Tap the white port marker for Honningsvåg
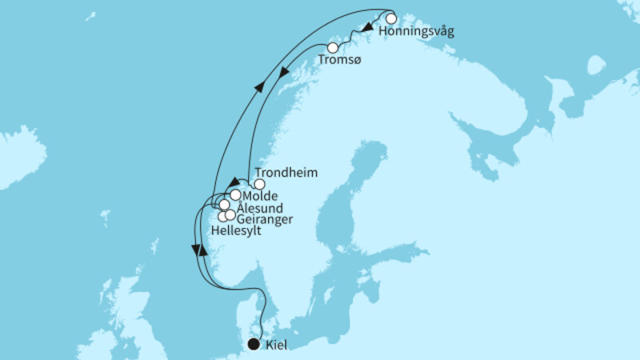[391, 18]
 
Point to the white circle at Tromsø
[333, 48]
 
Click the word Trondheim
[285, 173]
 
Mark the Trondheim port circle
[259, 184]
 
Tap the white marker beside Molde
[235, 194]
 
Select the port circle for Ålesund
[225, 205]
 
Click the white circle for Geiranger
[230, 214]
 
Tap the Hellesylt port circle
[222, 217]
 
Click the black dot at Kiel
[254, 345]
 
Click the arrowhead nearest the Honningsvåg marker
[366, 30]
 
